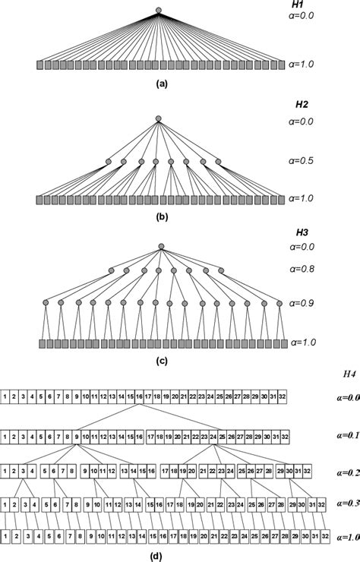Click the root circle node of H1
pos(158,11)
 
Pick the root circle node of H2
pos(158,118)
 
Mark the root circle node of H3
pos(161,245)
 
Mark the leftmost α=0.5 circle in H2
pos(108,162)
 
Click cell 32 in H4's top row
pos(284,397)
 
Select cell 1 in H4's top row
pos(5,397)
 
